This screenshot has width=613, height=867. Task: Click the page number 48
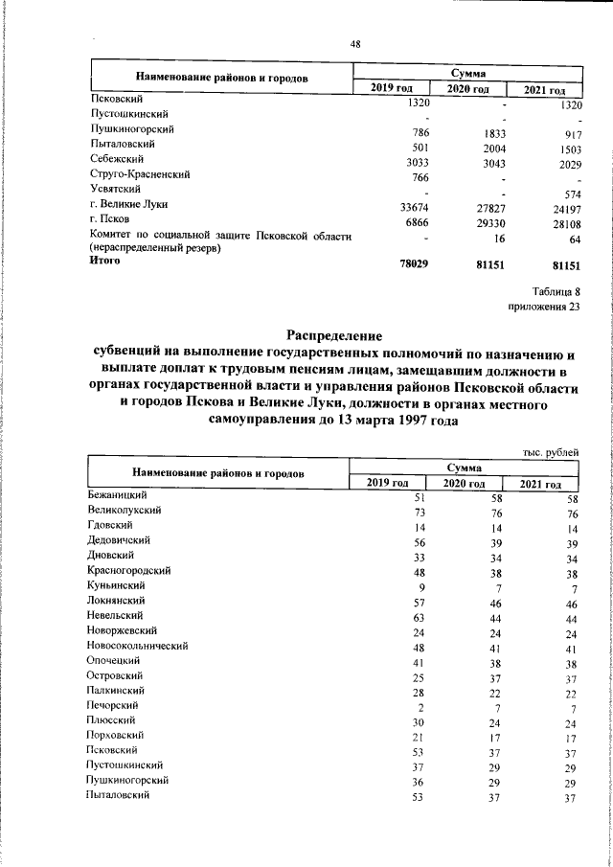pos(355,43)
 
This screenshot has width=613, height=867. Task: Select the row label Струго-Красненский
pos(140,175)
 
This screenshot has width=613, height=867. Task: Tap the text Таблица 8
pos(555,291)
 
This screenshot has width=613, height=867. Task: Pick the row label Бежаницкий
pos(117,495)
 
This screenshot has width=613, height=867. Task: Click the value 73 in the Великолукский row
pos(419,512)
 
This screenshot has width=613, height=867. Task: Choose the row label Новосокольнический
pos(137,646)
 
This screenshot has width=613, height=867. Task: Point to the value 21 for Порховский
pos(419,738)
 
